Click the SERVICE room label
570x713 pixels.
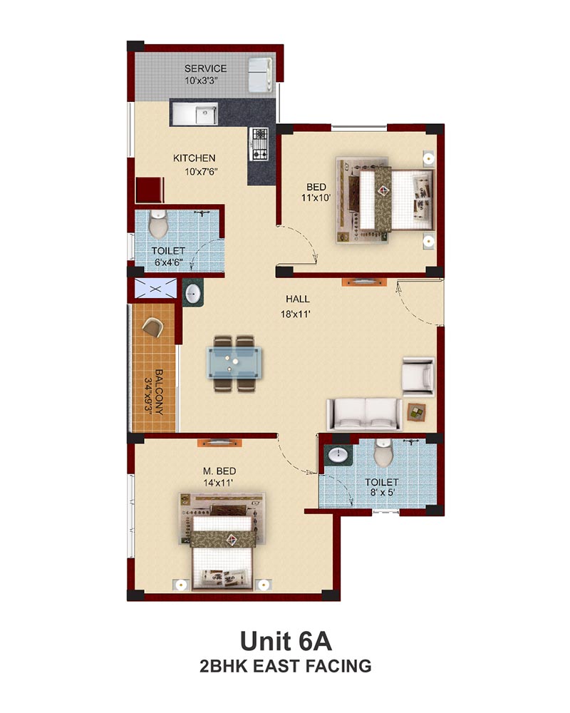tap(205, 68)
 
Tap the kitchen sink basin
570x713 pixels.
tap(207, 113)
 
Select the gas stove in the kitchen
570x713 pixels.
tap(259, 144)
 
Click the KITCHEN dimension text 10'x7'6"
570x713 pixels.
tap(202, 172)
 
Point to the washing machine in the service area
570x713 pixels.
tap(261, 74)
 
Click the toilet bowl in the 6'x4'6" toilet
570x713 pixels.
tap(157, 224)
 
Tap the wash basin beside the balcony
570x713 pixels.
tap(193, 293)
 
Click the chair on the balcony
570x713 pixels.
tap(152, 327)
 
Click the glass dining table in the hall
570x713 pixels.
tap(234, 362)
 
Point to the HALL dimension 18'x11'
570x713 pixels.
tap(296, 314)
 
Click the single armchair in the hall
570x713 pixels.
tap(418, 375)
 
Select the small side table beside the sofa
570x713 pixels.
tap(417, 412)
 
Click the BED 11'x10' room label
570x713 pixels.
tap(316, 192)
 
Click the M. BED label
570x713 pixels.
tap(219, 471)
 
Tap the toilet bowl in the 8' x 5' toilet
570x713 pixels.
tap(383, 453)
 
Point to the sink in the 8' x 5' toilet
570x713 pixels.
tap(338, 455)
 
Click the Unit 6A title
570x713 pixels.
tap(286, 641)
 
